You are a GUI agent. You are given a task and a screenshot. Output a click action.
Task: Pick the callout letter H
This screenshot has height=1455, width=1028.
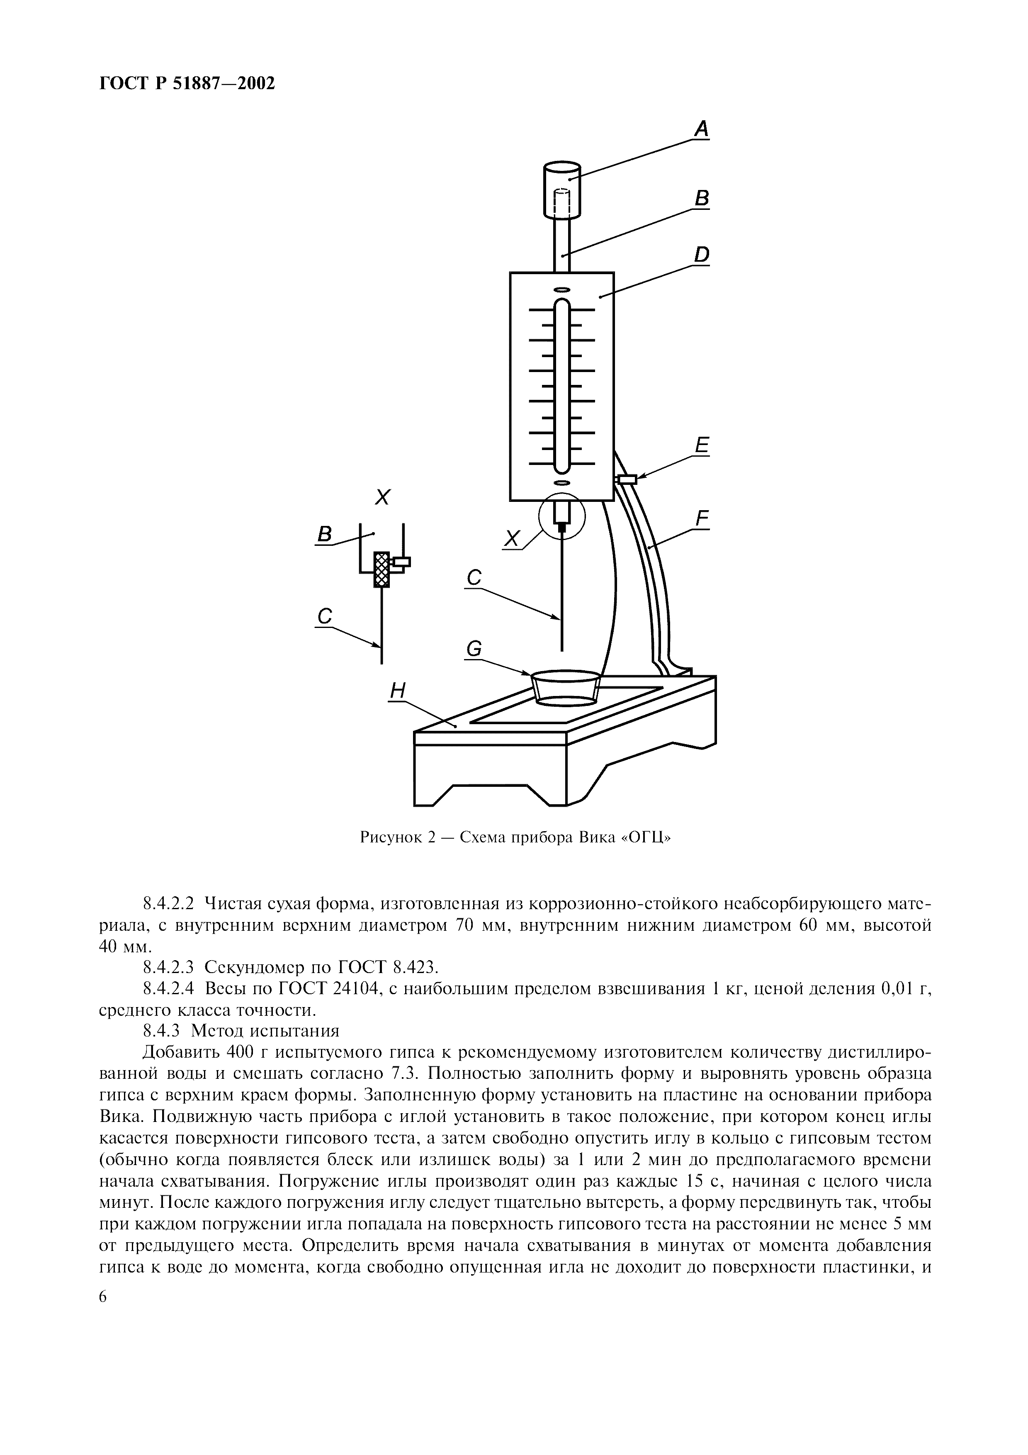397,690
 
